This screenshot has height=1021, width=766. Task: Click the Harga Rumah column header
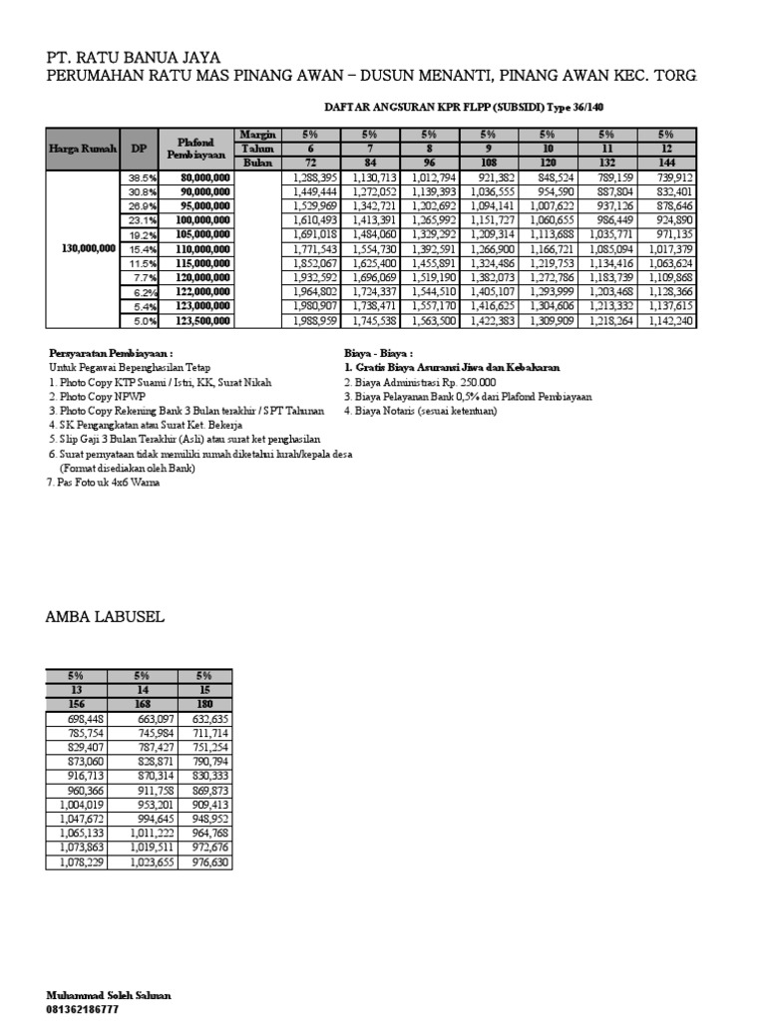(x=83, y=149)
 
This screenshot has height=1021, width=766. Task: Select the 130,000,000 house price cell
(x=84, y=248)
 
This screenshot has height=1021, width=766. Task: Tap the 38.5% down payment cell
(x=134, y=177)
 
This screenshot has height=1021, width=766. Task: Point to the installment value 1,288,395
(x=314, y=177)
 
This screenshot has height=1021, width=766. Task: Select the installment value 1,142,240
(x=669, y=321)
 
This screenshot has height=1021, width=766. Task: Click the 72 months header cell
(x=311, y=163)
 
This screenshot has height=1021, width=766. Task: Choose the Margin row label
(x=256, y=134)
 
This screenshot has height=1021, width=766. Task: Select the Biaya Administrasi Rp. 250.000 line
(x=412, y=382)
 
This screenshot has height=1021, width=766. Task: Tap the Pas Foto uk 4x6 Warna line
(x=103, y=482)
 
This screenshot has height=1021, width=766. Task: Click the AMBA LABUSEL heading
(x=105, y=618)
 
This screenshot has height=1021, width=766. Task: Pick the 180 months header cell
(x=204, y=703)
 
